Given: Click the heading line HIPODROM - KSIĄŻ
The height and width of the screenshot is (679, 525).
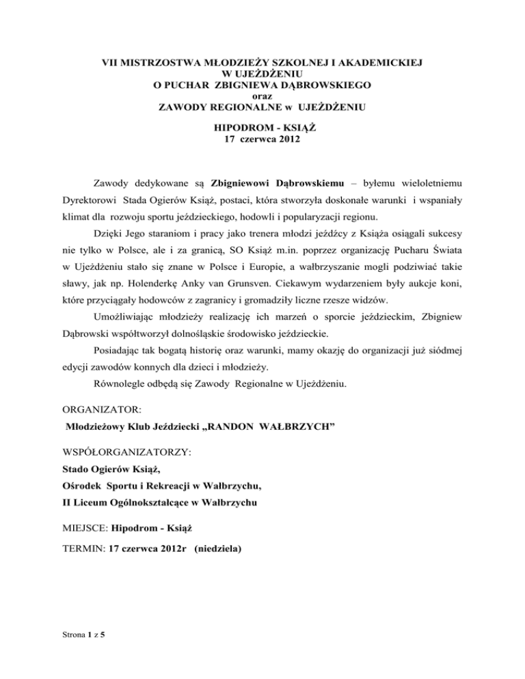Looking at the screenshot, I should click(x=262, y=127).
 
